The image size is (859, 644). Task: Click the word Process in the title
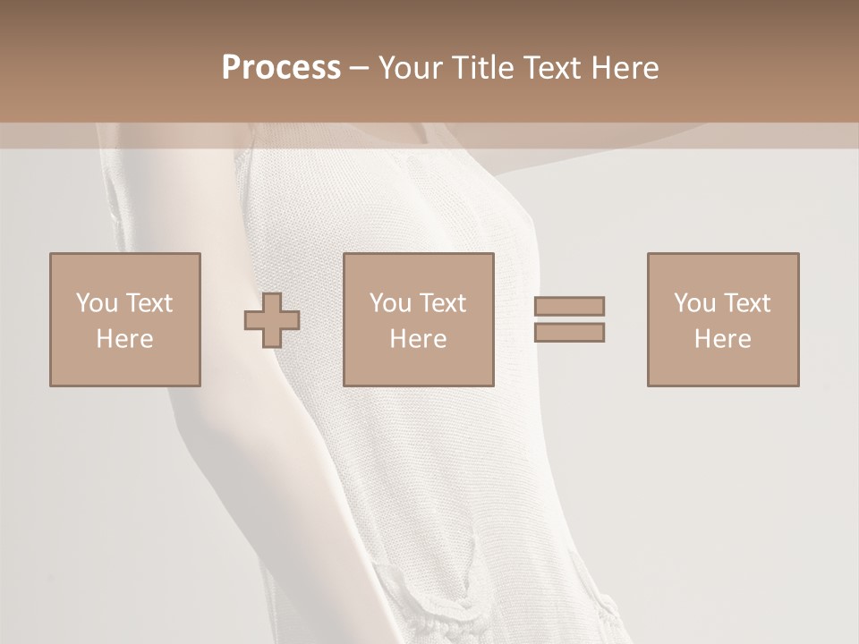[x=281, y=67]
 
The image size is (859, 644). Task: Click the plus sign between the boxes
[x=272, y=320]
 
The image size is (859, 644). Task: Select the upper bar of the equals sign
[x=569, y=306]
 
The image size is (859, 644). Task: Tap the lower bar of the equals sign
[x=569, y=332]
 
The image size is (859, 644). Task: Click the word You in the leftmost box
[x=97, y=302]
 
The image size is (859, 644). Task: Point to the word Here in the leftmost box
[x=124, y=339]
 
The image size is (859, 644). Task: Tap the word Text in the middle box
[x=443, y=302]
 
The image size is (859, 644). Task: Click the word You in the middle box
[x=390, y=302]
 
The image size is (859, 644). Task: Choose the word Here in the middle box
[x=418, y=339]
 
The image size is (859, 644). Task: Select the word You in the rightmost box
[x=694, y=302]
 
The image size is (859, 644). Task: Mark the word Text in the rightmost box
[x=747, y=302]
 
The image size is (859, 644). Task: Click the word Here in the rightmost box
[x=722, y=339]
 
